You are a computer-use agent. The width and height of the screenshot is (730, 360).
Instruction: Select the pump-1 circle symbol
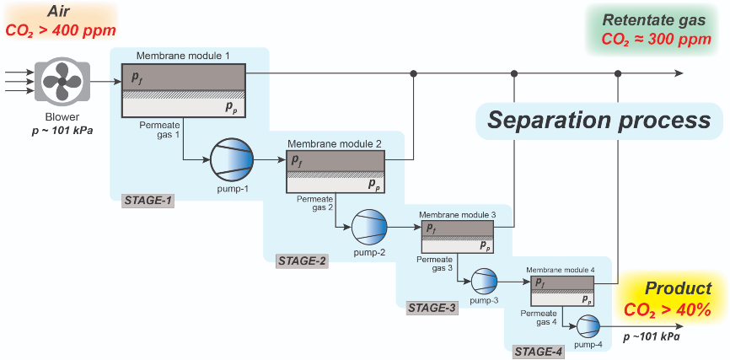[x=231, y=159]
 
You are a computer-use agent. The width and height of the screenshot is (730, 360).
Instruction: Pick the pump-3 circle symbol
[x=485, y=279]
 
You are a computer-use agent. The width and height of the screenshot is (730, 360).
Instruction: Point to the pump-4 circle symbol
[x=588, y=325]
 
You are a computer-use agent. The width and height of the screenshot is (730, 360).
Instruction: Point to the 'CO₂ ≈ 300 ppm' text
[x=656, y=40]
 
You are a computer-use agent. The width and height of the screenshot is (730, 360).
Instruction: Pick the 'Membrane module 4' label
[x=561, y=270]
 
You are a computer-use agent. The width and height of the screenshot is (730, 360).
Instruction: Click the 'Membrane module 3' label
[x=458, y=216]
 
